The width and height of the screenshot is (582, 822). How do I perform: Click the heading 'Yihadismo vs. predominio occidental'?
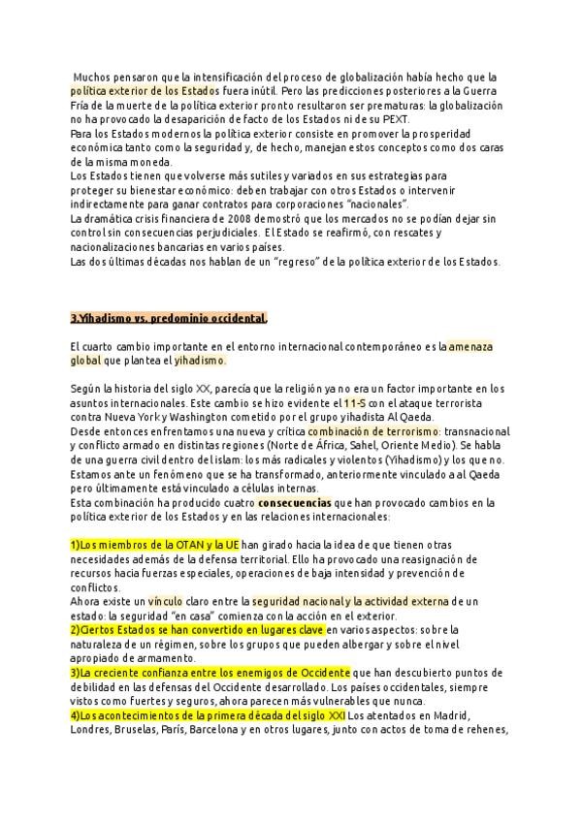[x=169, y=318]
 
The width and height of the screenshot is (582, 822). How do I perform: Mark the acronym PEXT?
[x=394, y=118]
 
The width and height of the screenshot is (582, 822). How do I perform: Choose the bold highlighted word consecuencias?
[x=294, y=502]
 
